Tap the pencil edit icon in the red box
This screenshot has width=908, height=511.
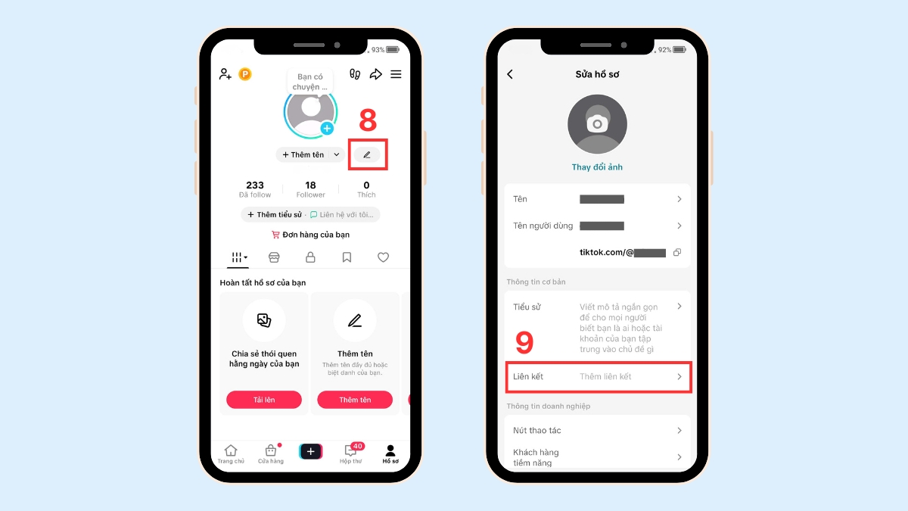click(x=367, y=154)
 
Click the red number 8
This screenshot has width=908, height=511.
click(x=368, y=120)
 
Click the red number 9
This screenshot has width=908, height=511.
click(x=524, y=342)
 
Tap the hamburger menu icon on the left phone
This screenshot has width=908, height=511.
click(x=396, y=74)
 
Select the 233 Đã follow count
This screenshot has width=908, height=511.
click(x=255, y=189)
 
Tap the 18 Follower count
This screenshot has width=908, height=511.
click(x=310, y=189)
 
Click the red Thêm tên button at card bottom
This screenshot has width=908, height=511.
click(x=355, y=400)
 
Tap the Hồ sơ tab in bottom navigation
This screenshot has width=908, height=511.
click(x=390, y=454)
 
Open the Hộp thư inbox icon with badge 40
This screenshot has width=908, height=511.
click(x=350, y=453)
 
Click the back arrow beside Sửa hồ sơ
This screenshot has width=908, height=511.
click(x=510, y=74)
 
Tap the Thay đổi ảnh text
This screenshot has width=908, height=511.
click(x=597, y=167)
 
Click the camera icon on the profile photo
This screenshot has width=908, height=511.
click(x=597, y=123)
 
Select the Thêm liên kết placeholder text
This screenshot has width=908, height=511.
click(x=605, y=377)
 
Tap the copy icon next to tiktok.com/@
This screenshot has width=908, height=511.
click(x=677, y=252)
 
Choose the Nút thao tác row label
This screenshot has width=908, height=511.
click(x=537, y=430)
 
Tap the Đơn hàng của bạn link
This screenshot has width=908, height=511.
click(x=310, y=235)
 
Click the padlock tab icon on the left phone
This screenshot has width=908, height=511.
click(x=310, y=257)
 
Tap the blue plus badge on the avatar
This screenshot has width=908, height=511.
click(x=327, y=129)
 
